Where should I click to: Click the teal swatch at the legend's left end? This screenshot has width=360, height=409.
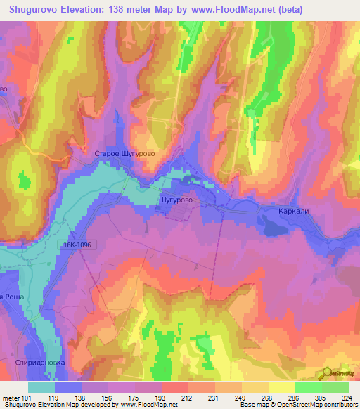click(x=41, y=387)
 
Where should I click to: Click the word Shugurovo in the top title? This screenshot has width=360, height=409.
click(x=34, y=9)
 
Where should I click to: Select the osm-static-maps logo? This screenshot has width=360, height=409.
click(x=340, y=375)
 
